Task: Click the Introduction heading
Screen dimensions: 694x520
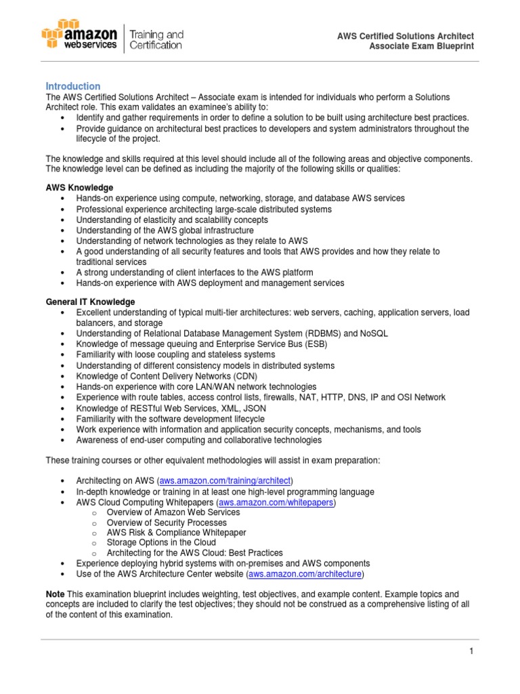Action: click(x=72, y=86)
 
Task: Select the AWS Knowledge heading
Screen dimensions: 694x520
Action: click(x=79, y=188)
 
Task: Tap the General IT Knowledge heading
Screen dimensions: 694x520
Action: click(x=90, y=302)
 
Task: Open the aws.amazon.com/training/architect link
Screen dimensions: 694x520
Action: click(x=225, y=481)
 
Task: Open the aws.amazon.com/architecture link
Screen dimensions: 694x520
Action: click(x=306, y=574)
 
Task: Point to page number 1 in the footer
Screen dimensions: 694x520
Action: click(x=471, y=651)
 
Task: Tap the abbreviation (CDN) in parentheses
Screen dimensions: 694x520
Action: click(x=227, y=376)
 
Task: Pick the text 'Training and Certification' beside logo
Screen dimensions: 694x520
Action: click(x=156, y=39)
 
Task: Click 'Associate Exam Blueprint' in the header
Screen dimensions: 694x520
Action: click(x=421, y=46)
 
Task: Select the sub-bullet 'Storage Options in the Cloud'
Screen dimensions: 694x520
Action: click(x=162, y=543)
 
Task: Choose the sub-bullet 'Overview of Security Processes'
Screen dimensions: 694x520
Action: click(x=167, y=523)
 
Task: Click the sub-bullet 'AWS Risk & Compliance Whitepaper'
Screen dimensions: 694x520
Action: click(x=175, y=533)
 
